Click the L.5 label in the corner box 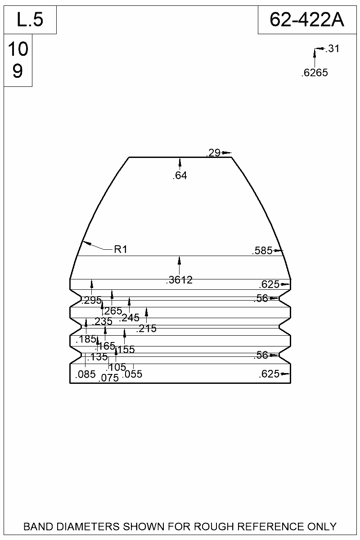[x=30, y=20]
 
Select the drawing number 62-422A [x=307, y=20]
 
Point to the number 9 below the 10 [x=18, y=71]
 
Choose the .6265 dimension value [x=314, y=72]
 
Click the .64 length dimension [x=180, y=175]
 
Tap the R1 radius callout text [x=121, y=249]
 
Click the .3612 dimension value [x=179, y=280]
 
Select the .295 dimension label [x=91, y=300]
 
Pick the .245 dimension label [x=129, y=318]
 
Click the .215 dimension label [x=146, y=329]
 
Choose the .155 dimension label [x=125, y=349]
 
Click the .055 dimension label [x=132, y=374]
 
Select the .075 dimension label [x=108, y=378]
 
